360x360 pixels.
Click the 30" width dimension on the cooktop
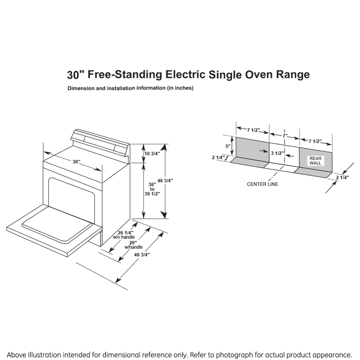tap(76, 161)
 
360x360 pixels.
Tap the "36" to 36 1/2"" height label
tap(152, 189)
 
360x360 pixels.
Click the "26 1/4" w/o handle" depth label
tap(126, 235)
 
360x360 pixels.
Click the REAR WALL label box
tap(315, 160)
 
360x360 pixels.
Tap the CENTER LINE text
tap(262, 184)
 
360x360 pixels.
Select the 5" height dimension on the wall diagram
tap(228, 146)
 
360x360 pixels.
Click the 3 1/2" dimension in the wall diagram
tap(277, 153)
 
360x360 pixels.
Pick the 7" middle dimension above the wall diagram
tap(285, 136)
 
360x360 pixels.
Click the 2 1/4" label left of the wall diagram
tap(218, 158)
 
